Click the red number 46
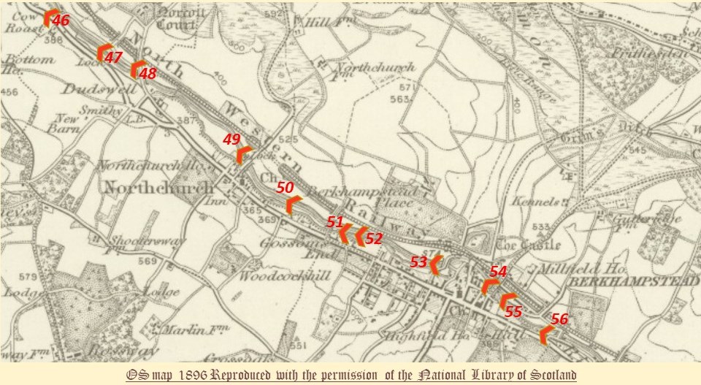[61, 20]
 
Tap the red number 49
[231, 139]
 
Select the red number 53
[418, 262]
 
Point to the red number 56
[559, 319]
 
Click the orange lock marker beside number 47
[101, 53]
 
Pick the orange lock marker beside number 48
[135, 69]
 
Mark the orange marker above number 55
[506, 300]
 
